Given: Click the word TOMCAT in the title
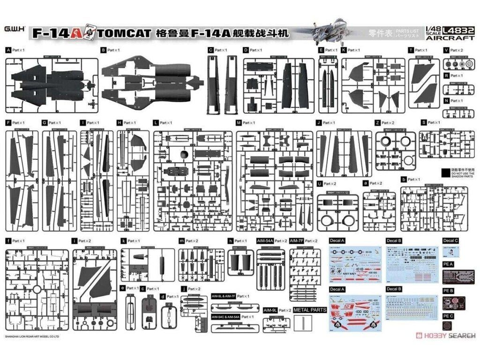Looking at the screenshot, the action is [125, 34].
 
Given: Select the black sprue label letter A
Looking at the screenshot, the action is [8, 50].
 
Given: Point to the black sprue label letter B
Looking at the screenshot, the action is [103, 50].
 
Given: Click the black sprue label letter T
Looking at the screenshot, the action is [410, 50].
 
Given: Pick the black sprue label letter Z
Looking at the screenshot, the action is [377, 123].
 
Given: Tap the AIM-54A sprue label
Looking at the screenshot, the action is [265, 240].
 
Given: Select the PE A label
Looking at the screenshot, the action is [449, 264].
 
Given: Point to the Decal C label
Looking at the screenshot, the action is [450, 240].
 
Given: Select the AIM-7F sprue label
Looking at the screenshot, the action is [296, 240].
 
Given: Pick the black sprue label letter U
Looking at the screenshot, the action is [319, 183].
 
